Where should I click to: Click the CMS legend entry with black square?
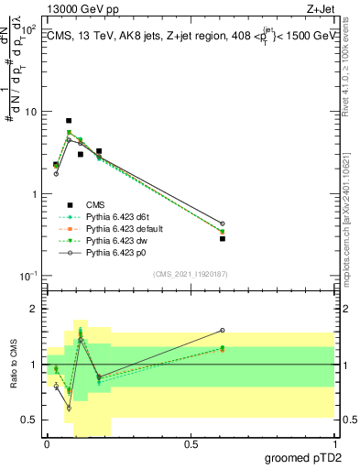96,204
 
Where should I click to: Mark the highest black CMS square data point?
69,121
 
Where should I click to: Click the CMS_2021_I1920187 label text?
190,273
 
